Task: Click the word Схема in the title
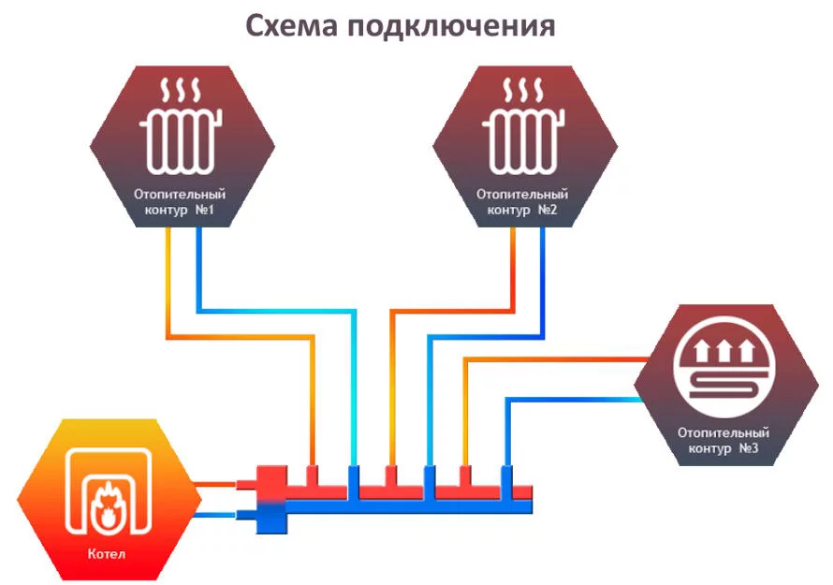pos(291,25)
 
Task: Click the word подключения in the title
pos(451,26)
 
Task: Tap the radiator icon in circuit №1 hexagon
pos(181,142)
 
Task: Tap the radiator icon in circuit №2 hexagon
pos(523,142)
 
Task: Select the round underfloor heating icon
pos(725,366)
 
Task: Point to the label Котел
pos(107,554)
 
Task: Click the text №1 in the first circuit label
pos(205,210)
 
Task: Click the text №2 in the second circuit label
pos(548,210)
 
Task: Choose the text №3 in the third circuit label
pos(749,448)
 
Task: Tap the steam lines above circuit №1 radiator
pos(181,91)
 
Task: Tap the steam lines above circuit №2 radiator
pos(523,91)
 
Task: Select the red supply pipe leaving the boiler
pos(214,484)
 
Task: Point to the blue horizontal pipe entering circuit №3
pos(574,399)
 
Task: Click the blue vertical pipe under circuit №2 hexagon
pos(543,283)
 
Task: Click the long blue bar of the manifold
pos(409,507)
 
